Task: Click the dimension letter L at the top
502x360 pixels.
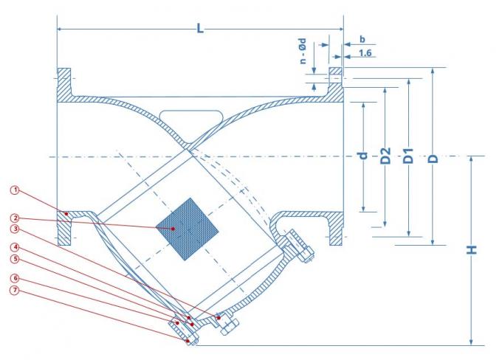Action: tap(199, 28)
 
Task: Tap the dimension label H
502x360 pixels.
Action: tap(472, 249)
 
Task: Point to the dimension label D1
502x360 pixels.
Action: tap(408, 157)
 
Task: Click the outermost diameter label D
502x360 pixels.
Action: tap(433, 157)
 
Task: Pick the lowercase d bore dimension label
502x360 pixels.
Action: tap(362, 155)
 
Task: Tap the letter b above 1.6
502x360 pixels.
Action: tap(362, 38)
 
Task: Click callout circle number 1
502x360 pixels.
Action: tap(14, 190)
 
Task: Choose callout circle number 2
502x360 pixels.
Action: tap(14, 218)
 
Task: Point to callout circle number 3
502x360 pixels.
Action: tap(14, 228)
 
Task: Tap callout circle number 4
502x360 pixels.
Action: tap(14, 246)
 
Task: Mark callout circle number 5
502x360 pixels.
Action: tap(14, 258)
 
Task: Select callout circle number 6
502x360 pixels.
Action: tap(14, 277)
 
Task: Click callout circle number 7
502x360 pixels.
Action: tap(14, 289)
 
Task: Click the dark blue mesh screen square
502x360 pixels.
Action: tap(189, 229)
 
